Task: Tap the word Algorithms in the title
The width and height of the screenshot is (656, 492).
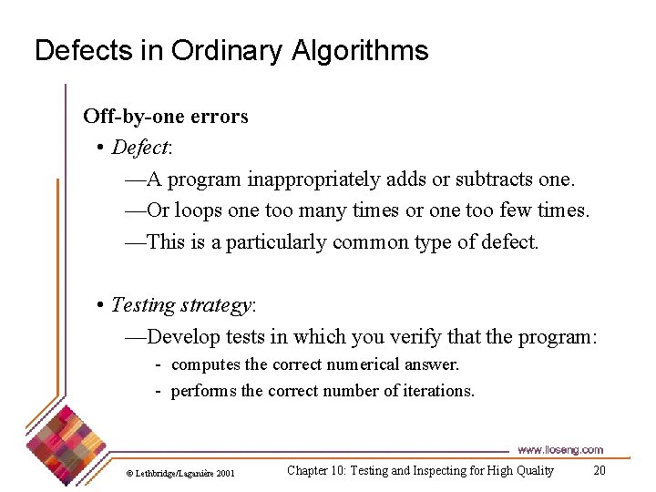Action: pyautogui.click(x=360, y=51)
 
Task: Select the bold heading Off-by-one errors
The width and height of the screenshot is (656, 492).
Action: pyautogui.click(x=165, y=117)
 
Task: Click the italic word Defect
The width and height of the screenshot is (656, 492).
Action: pyautogui.click(x=140, y=148)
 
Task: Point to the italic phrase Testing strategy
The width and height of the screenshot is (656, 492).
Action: pyautogui.click(x=180, y=304)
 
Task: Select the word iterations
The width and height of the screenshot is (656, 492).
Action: pyautogui.click(x=436, y=392)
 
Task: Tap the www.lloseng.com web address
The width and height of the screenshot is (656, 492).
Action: pyautogui.click(x=559, y=450)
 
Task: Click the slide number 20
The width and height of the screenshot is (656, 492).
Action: pyautogui.click(x=599, y=471)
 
